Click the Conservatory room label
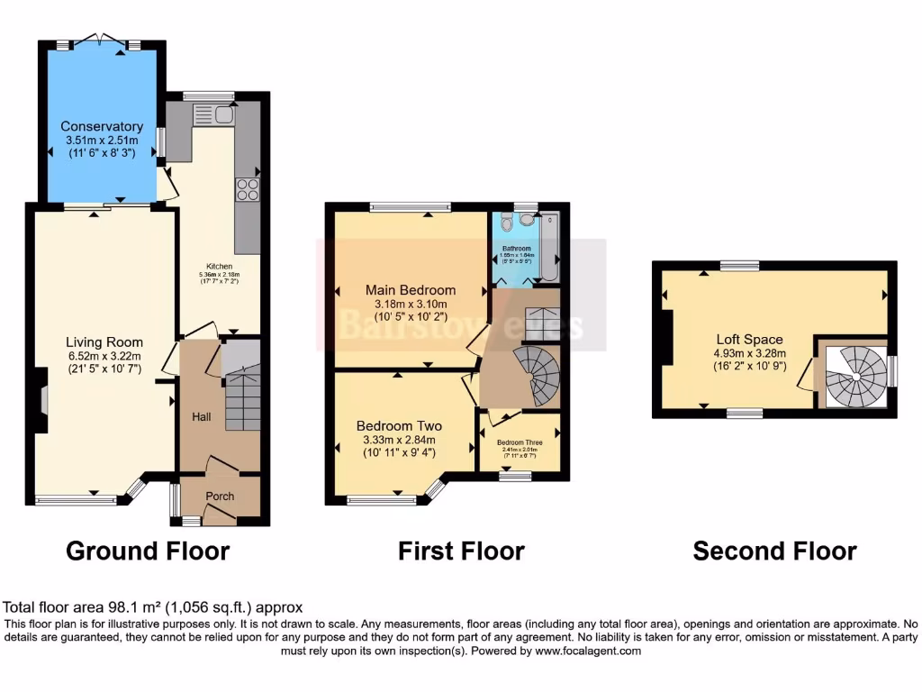point(102,126)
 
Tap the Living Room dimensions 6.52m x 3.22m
point(104,356)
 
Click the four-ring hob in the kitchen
point(247,189)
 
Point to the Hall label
point(201,417)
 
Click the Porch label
point(220,496)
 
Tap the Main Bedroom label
point(410,290)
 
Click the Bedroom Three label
point(520,442)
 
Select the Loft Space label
point(749,340)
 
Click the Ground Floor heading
point(148,551)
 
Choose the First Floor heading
point(461,551)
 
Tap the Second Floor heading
point(774,551)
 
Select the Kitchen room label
point(220,267)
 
